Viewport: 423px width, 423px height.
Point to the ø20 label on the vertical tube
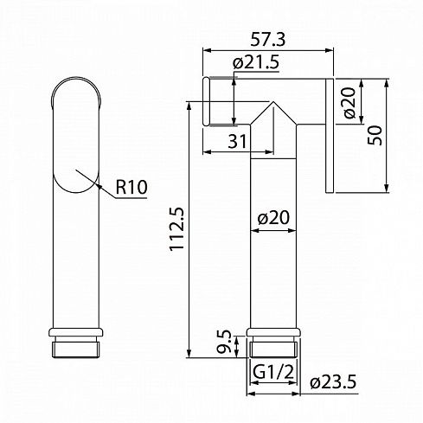274,220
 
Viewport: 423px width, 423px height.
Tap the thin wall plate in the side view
330,135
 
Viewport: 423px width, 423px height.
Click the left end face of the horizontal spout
204,104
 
